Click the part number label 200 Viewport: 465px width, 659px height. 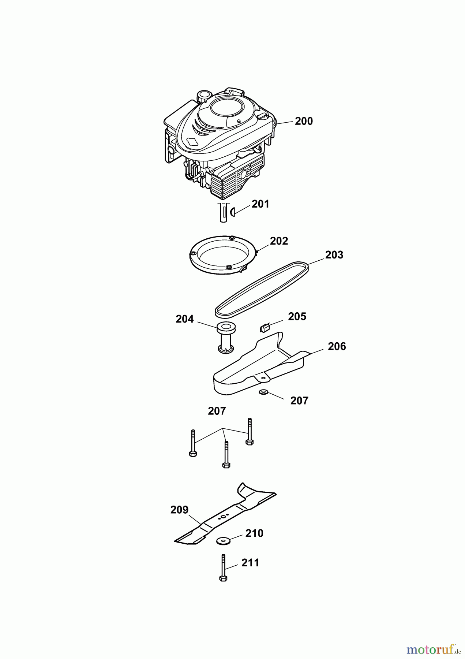pyautogui.click(x=304, y=121)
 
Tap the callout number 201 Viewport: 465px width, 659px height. pyautogui.click(x=260, y=204)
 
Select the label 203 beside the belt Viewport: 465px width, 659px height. pyautogui.click(x=334, y=255)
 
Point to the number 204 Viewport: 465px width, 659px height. pyautogui.click(x=184, y=319)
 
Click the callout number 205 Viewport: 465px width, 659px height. pyautogui.click(x=297, y=316)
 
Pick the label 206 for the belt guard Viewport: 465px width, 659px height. pyautogui.click(x=337, y=346)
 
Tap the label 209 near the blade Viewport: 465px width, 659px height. pyautogui.click(x=179, y=510)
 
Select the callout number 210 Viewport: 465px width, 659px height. pyautogui.click(x=254, y=533)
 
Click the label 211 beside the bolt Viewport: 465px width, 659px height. pyautogui.click(x=250, y=563)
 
